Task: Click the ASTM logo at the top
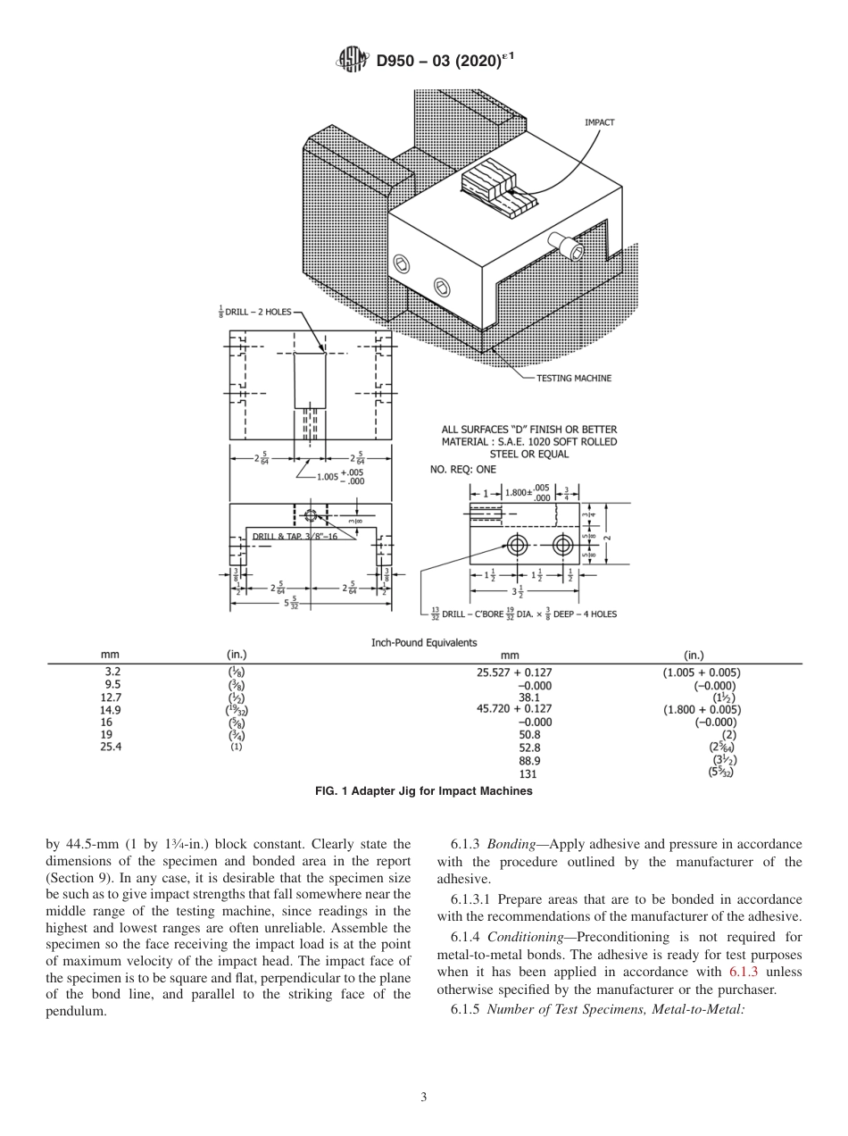(352, 61)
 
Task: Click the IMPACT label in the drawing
(599, 122)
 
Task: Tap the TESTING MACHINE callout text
(573, 378)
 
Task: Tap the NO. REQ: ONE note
(462, 469)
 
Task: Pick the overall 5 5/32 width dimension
(291, 603)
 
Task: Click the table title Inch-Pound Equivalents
(424, 642)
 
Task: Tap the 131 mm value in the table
(528, 773)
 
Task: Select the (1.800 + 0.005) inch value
(701, 710)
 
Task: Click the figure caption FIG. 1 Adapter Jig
(424, 790)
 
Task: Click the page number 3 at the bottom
(424, 1097)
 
